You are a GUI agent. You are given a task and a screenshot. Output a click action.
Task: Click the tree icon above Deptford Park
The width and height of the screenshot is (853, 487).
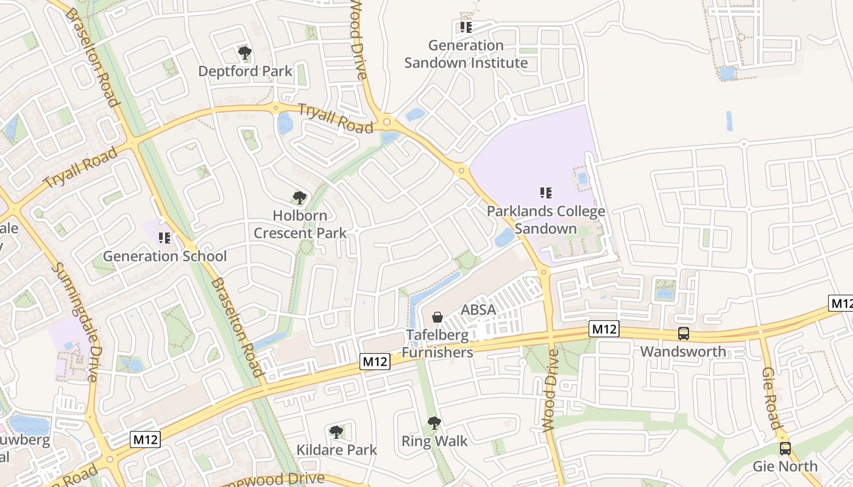coord(245,53)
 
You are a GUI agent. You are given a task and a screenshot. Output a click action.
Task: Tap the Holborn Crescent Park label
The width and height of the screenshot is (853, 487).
coord(300,224)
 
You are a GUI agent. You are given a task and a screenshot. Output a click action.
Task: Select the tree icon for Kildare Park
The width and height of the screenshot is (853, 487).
coord(336,432)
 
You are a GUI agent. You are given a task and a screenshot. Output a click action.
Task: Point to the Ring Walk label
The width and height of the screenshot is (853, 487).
coord(434,441)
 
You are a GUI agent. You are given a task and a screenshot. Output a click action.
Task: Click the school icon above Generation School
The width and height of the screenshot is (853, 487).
coord(164,237)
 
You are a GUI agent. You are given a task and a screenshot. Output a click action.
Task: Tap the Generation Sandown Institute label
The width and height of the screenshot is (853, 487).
coord(466,54)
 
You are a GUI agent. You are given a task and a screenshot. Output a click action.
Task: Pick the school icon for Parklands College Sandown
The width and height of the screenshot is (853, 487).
coord(546,193)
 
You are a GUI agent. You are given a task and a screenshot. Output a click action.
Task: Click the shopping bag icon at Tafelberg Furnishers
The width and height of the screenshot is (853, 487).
coord(437,317)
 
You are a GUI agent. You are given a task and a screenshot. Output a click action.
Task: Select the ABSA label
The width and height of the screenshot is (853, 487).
coord(478,310)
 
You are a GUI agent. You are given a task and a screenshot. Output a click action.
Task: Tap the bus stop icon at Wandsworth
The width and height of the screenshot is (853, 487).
coord(684,334)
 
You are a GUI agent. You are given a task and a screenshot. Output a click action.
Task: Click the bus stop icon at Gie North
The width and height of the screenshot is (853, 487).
coord(785,449)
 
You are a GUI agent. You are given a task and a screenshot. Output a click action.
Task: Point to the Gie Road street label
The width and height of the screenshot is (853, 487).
coord(771,398)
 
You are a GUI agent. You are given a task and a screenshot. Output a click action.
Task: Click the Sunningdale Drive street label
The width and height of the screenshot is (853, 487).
coord(74,322)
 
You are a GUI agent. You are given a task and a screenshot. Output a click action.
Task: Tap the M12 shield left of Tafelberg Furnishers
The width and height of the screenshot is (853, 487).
coord(375,362)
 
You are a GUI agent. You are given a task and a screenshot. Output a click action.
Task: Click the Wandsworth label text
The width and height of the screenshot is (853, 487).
coord(683,352)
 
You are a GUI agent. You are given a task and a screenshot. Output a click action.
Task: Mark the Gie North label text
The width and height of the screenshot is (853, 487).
coord(785,466)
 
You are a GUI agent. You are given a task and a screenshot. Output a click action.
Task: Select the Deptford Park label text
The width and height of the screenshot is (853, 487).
coord(245,71)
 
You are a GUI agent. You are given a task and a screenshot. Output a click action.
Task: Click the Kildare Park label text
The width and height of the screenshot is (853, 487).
coord(336,450)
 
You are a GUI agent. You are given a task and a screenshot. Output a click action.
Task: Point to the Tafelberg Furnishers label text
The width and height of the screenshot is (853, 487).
coord(437,343)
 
